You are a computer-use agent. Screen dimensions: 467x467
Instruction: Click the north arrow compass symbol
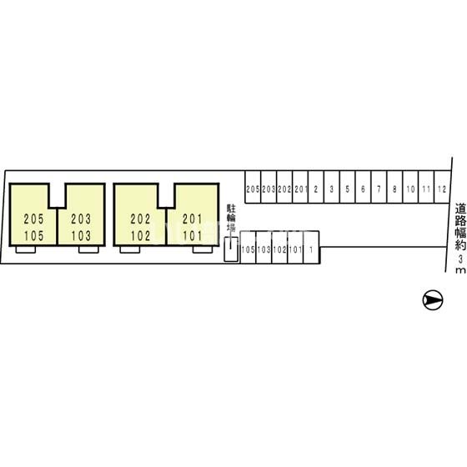tap(433, 299)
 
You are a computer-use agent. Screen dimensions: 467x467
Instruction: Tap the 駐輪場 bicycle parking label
tap(231, 218)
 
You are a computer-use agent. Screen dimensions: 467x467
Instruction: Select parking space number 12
tap(442, 187)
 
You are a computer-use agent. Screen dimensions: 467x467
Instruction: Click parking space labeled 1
tap(311, 248)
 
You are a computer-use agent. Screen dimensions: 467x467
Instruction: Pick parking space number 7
tap(379, 187)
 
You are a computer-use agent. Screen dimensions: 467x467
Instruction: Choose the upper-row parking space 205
tap(253, 187)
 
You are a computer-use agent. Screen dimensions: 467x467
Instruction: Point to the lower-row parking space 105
tap(249, 248)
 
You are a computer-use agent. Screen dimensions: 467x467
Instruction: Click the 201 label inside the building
tap(193, 219)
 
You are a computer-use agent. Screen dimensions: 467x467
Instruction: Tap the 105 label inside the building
tap(33, 236)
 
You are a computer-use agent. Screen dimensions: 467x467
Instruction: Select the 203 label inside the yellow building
tap(81, 219)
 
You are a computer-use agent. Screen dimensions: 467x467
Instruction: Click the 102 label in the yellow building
tap(141, 236)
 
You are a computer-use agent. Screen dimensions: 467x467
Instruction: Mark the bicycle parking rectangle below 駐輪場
tap(231, 249)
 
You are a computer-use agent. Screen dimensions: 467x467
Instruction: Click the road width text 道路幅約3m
tap(460, 239)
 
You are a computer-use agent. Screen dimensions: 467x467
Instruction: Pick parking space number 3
tap(332, 187)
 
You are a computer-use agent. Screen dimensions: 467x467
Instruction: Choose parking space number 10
tap(410, 187)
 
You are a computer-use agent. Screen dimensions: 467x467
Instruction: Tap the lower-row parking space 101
tap(295, 248)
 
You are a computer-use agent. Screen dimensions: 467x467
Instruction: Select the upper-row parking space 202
tap(284, 187)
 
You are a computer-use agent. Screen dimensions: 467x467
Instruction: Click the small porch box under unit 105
tap(26, 249)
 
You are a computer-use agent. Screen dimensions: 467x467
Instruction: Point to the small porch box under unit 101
tap(203, 249)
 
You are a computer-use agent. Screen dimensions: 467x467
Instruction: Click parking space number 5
tap(347, 187)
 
